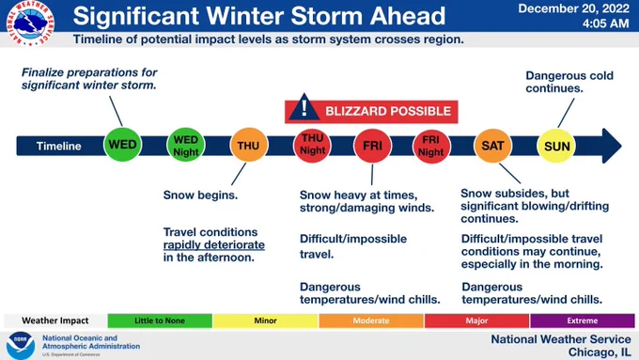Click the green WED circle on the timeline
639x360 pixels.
coord(122,145)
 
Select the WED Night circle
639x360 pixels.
coord(185,145)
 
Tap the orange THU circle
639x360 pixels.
coord(249,145)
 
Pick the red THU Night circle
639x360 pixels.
coord(312,145)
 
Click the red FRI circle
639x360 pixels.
coord(372,146)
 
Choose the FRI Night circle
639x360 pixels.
coord(431,146)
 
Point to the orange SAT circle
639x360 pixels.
coord(492,146)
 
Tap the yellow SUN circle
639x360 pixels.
coord(556,146)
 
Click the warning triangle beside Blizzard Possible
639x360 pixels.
coord(304,108)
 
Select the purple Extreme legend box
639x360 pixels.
coord(583,321)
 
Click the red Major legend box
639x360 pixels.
coord(476,321)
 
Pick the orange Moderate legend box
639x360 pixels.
coord(371,321)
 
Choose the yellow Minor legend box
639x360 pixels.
coord(265,321)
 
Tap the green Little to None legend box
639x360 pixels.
coord(160,321)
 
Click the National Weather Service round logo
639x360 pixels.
coord(30,23)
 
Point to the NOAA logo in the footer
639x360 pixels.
coord(20,346)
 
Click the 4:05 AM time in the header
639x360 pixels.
coord(605,23)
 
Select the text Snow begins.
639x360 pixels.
coord(200,195)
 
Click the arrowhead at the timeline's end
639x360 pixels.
coord(612,146)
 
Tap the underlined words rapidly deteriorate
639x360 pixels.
coord(214,244)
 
